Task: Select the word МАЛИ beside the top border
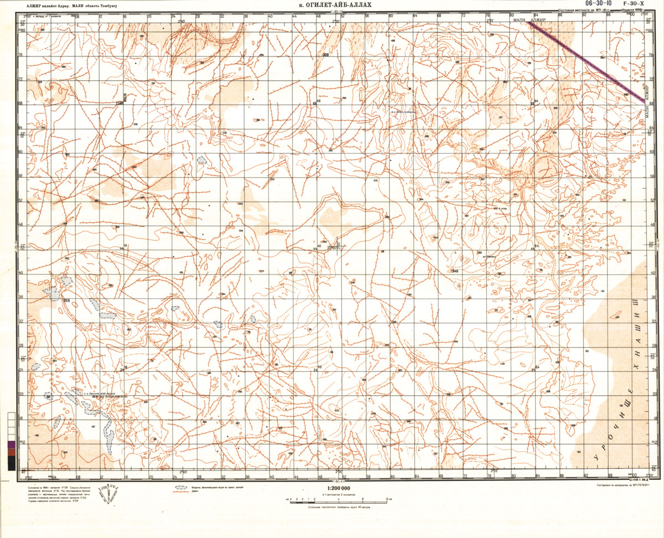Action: pos(521,20)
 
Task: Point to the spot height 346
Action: pos(454,271)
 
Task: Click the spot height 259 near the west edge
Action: pos(66,301)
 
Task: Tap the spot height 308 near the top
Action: pos(325,55)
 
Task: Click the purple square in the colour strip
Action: pos(12,444)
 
